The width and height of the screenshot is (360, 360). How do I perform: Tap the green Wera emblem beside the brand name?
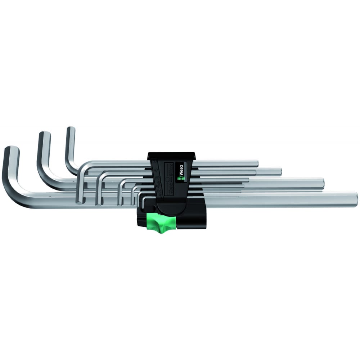181,177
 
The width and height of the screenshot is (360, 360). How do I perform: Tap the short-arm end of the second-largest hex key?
44,134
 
